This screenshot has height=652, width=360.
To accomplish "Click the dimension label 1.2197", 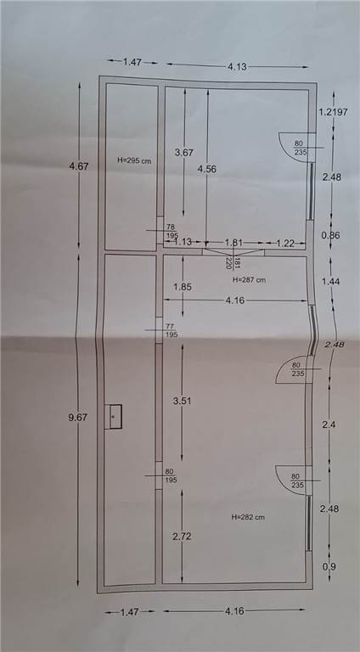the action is pyautogui.click(x=333, y=112).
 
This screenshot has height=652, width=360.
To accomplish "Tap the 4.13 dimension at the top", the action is pyautogui.click(x=238, y=66).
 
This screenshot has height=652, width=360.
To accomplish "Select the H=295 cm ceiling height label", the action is pyautogui.click(x=133, y=161).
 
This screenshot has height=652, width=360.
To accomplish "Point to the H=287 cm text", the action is pyautogui.click(x=249, y=280).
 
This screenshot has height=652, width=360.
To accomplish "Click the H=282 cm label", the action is pyautogui.click(x=248, y=517).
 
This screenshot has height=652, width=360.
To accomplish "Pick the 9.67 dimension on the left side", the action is pyautogui.click(x=78, y=417).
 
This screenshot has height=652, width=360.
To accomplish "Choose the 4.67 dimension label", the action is pyautogui.click(x=79, y=166).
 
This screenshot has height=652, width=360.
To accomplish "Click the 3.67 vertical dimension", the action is pyautogui.click(x=184, y=153).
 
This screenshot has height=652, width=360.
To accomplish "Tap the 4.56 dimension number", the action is pyautogui.click(x=207, y=169).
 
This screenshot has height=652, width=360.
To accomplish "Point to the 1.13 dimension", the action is pyautogui.click(x=183, y=243).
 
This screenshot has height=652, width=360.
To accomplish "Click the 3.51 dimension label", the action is pyautogui.click(x=182, y=402).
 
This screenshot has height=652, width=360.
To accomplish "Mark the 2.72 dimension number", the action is pyautogui.click(x=182, y=537).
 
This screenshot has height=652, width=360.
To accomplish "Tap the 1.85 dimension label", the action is pyautogui.click(x=183, y=287).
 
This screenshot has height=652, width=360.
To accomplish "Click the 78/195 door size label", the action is pyautogui.click(x=171, y=230).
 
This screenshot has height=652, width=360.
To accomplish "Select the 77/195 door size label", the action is pyautogui.click(x=171, y=330).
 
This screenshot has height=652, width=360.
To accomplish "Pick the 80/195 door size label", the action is pyautogui.click(x=171, y=475).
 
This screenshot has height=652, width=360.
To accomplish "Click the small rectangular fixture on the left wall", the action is pyautogui.click(x=113, y=416).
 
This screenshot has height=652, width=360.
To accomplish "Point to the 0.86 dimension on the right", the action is pyautogui.click(x=331, y=235).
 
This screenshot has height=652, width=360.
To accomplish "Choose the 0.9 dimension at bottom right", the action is pyautogui.click(x=329, y=567).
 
